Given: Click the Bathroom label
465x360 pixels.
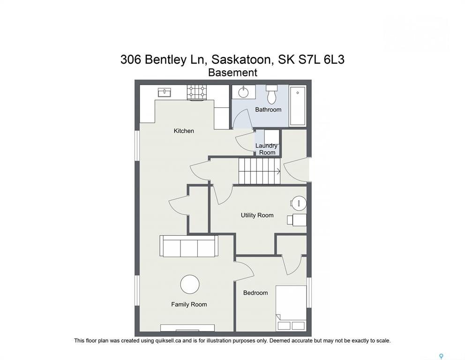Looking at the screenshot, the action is click(x=268, y=109).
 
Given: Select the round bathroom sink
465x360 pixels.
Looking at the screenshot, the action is click(x=244, y=92).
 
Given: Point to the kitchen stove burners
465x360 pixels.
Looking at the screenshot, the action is click(x=196, y=92).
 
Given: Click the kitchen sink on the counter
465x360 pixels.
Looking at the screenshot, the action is click(x=165, y=92).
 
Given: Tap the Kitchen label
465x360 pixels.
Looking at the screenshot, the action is click(x=184, y=131).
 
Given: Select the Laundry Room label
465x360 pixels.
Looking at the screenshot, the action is click(x=267, y=149).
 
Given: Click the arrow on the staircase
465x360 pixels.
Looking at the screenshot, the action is click(x=278, y=171).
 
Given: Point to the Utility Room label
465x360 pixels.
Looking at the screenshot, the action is click(x=257, y=215).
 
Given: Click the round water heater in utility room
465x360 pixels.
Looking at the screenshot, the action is click(x=299, y=203).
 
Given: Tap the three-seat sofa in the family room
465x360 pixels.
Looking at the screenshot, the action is click(x=189, y=246).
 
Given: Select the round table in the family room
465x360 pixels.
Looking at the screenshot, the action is click(x=190, y=284).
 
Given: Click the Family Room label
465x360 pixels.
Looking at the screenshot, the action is click(x=189, y=304).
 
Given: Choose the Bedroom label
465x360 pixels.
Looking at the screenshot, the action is click(x=255, y=292).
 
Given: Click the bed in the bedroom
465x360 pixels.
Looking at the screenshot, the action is click(x=291, y=308).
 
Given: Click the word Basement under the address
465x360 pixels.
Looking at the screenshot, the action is click(x=232, y=72).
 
